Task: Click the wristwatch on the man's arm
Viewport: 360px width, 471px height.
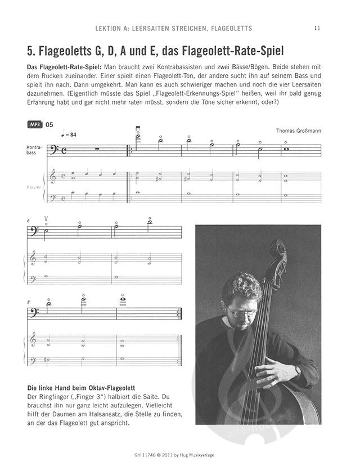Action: tap(298, 371)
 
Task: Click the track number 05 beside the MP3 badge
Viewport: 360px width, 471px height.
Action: tap(49, 125)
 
